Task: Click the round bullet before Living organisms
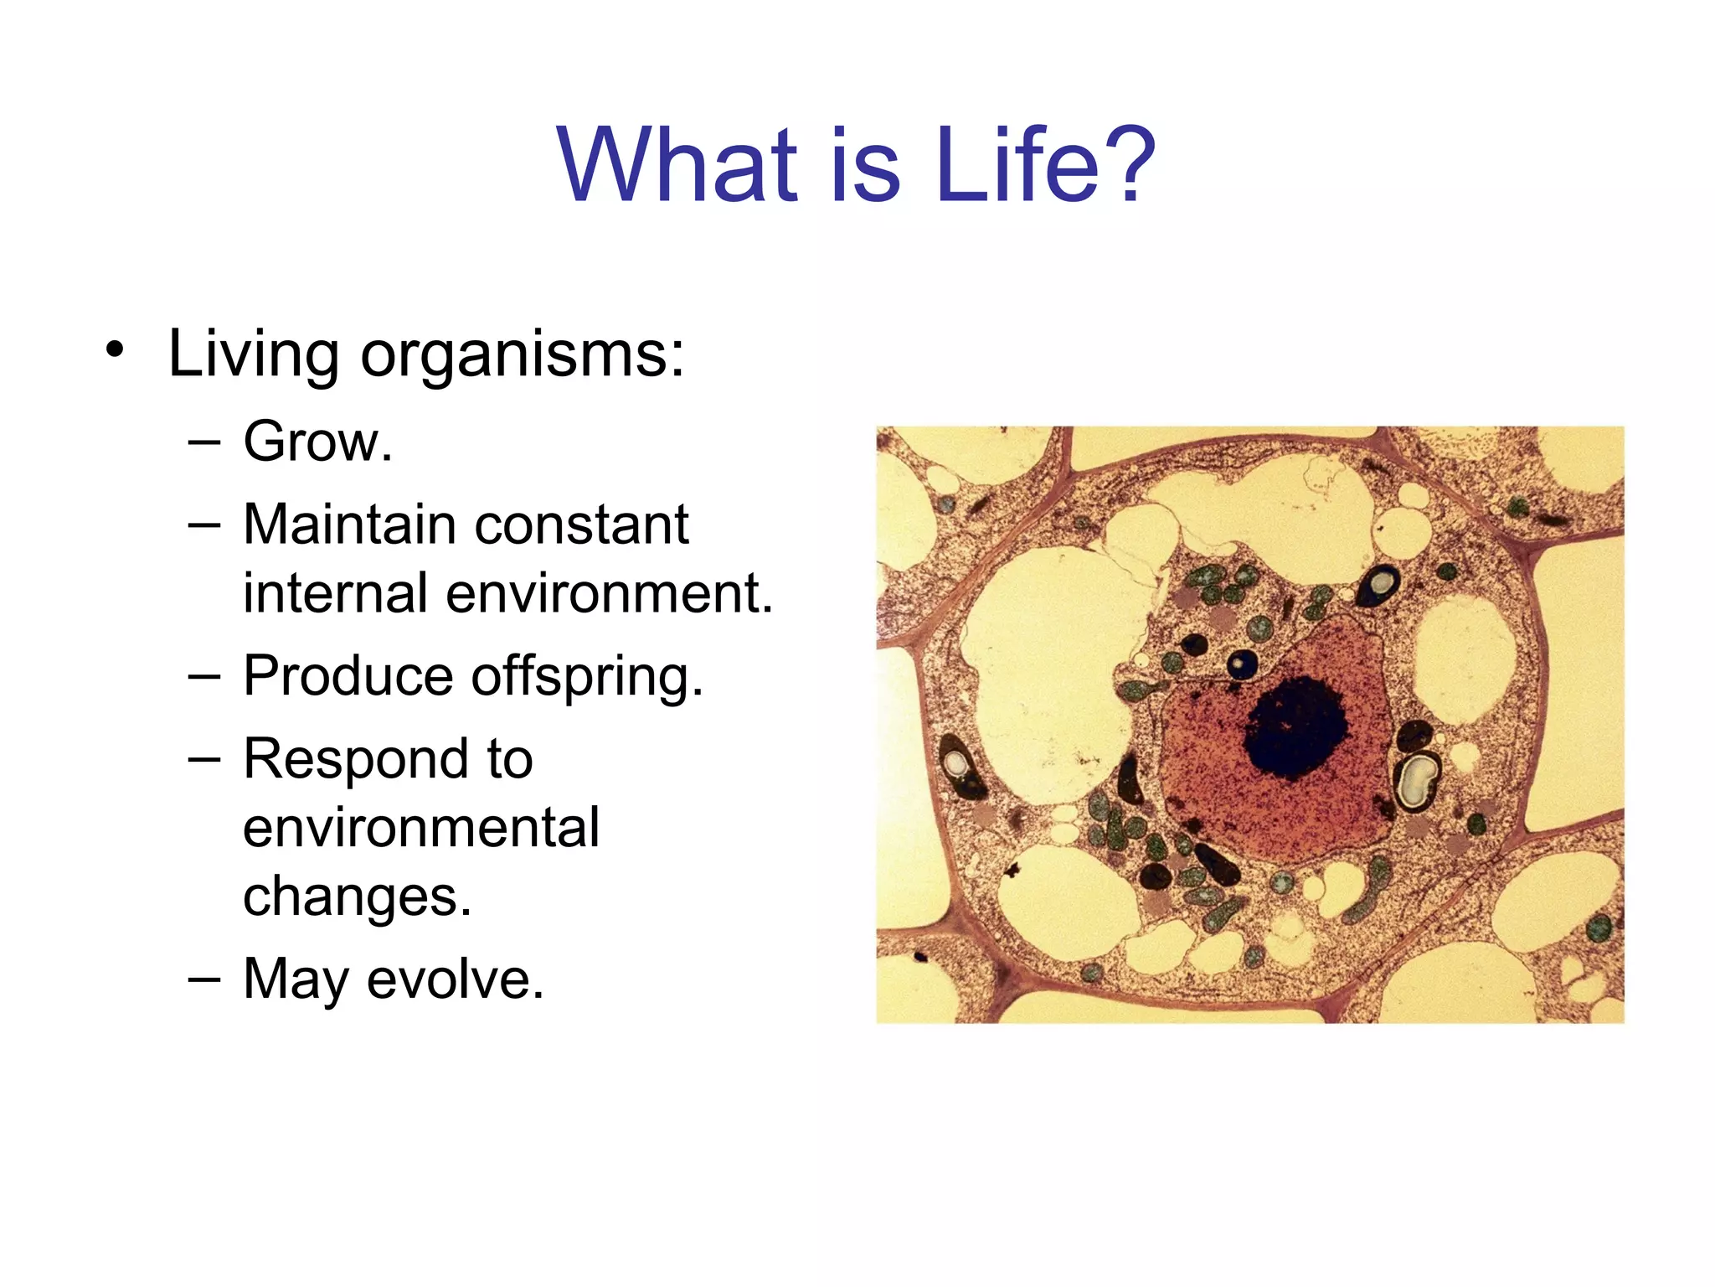(116, 351)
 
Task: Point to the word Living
(254, 355)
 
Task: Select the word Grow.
(317, 442)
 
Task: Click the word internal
(335, 593)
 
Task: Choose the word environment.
(609, 593)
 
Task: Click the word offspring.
(586, 677)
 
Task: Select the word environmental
(421, 828)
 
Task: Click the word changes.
(357, 897)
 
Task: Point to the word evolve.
(455, 979)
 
